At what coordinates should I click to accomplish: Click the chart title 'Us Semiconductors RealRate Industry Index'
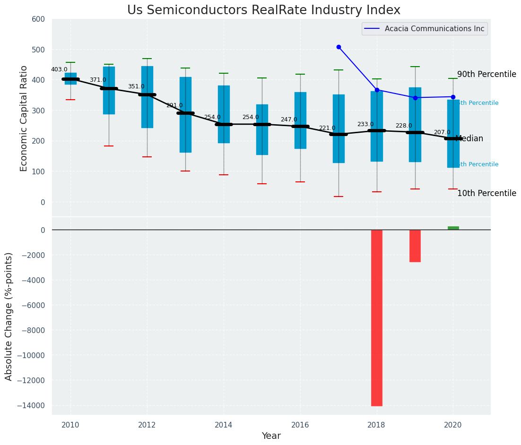(x=263, y=10)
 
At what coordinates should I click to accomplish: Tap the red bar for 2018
(x=377, y=317)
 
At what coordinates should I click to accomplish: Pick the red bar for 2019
(x=415, y=246)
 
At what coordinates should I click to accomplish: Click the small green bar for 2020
(x=453, y=228)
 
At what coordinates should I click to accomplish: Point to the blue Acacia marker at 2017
(x=339, y=47)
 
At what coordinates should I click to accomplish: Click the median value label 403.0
(x=59, y=69)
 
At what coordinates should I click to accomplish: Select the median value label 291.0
(x=174, y=105)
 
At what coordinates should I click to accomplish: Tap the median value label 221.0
(x=327, y=128)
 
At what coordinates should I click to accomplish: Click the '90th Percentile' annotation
(x=486, y=75)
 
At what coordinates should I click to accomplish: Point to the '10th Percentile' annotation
(x=486, y=194)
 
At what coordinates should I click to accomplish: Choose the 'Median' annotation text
(x=469, y=139)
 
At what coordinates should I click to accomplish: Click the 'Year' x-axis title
(x=271, y=436)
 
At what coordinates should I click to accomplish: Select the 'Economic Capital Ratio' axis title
(x=24, y=118)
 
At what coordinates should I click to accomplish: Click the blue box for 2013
(x=185, y=115)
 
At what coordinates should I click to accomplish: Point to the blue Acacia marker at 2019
(x=415, y=98)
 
